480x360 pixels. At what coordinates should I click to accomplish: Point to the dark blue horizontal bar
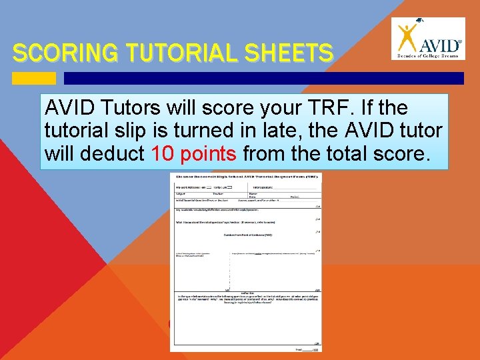(x=263, y=78)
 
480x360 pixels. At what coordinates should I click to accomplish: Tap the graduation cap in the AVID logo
(x=417, y=21)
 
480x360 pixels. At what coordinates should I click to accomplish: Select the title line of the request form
(x=245, y=177)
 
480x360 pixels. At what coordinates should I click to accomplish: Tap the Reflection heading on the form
(x=245, y=291)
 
